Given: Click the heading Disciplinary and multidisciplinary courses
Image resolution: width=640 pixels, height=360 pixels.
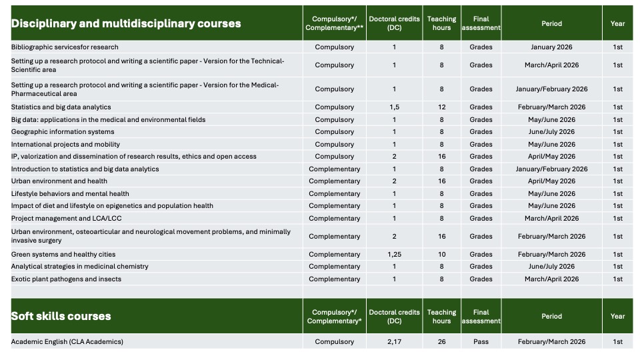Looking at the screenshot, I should (126, 23).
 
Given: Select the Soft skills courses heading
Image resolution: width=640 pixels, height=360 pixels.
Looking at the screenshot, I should (61, 316).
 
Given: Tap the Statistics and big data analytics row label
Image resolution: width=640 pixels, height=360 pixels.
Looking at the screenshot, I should (61, 107).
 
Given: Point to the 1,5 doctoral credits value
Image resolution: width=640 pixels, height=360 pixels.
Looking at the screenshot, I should (394, 107).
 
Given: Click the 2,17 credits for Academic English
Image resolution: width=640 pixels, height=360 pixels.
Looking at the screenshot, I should (394, 342).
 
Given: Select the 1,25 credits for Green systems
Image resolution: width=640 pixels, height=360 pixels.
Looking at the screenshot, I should (394, 255).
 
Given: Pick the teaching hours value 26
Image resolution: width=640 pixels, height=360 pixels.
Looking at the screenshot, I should (441, 342).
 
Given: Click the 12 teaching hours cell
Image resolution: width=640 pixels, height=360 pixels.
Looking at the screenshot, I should (441, 107).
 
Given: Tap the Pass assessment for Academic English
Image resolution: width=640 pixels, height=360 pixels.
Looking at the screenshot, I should (481, 342).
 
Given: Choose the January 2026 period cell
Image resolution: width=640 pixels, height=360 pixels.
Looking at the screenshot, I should (551, 47).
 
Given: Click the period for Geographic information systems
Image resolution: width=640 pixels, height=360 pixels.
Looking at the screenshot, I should (551, 132).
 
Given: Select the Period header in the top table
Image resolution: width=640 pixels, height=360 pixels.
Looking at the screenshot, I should (551, 23).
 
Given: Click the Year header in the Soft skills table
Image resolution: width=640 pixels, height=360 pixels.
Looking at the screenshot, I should (617, 316).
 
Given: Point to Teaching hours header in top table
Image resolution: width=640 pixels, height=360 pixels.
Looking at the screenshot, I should (441, 23).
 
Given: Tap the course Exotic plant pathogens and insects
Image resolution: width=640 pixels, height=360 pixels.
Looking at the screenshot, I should (66, 279).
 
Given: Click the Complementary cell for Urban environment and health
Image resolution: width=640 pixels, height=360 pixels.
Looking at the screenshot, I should (334, 181).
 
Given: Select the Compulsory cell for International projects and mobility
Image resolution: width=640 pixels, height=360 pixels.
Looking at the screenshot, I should (334, 145).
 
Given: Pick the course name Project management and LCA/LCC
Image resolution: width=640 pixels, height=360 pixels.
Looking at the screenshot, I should (66, 219).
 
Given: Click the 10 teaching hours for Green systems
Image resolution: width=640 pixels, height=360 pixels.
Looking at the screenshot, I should (441, 255).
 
